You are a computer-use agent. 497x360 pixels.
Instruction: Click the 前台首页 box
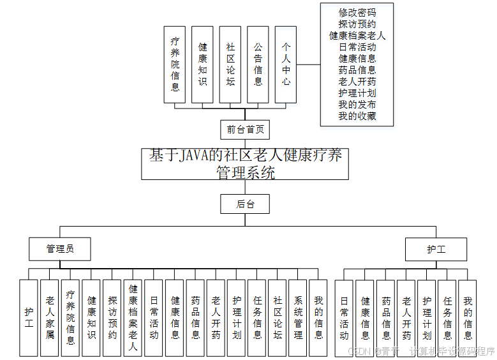pyautogui.click(x=244, y=130)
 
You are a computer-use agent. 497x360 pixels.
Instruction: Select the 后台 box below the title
pyautogui.click(x=244, y=204)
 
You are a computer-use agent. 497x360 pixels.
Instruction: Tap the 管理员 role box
pyautogui.click(x=60, y=249)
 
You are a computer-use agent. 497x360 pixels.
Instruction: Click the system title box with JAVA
pyautogui.click(x=245, y=163)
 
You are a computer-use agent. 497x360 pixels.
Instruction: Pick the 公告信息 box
pyautogui.click(x=258, y=64)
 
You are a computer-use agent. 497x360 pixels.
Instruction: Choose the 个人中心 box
pyautogui.click(x=286, y=64)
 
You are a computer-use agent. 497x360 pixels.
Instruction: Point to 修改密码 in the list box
pyautogui.click(x=357, y=13)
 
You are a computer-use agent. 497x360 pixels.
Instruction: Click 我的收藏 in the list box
pyautogui.click(x=357, y=116)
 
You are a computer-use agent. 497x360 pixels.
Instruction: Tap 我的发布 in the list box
pyautogui.click(x=357, y=105)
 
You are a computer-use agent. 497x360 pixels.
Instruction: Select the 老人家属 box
pyautogui.click(x=50, y=317)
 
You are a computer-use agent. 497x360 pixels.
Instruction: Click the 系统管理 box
pyautogui.click(x=298, y=317)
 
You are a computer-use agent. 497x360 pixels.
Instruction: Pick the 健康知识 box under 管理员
pyautogui.click(x=91, y=317)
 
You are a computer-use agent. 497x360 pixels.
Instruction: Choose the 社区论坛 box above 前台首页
pyautogui.click(x=230, y=64)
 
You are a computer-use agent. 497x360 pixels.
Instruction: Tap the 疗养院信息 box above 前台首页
pyautogui.click(x=175, y=64)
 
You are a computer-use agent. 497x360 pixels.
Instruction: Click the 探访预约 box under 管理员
pyautogui.click(x=112, y=317)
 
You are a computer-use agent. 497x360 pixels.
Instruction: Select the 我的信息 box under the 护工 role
pyautogui.click(x=468, y=317)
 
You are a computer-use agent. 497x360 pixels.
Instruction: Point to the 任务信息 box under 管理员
pyautogui.click(x=256, y=317)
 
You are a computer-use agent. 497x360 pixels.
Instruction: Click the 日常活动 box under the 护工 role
pyautogui.click(x=345, y=317)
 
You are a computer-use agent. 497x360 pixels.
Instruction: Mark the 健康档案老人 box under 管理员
pyautogui.click(x=133, y=317)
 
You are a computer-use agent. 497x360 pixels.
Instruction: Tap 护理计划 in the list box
pyautogui.click(x=357, y=93)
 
